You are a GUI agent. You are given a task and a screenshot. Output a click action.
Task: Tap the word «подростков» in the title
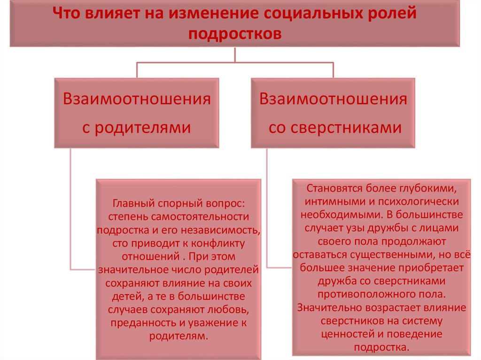(235, 34)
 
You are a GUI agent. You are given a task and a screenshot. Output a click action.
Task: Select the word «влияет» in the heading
(103, 13)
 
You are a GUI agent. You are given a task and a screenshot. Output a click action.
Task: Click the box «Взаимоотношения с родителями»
(137, 113)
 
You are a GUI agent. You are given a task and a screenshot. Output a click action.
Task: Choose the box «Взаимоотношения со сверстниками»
(333, 113)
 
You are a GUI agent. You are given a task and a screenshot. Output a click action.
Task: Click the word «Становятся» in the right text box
(331, 189)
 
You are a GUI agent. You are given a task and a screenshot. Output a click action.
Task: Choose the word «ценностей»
(346, 334)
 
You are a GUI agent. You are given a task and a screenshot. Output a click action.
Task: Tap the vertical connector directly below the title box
(235, 54)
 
